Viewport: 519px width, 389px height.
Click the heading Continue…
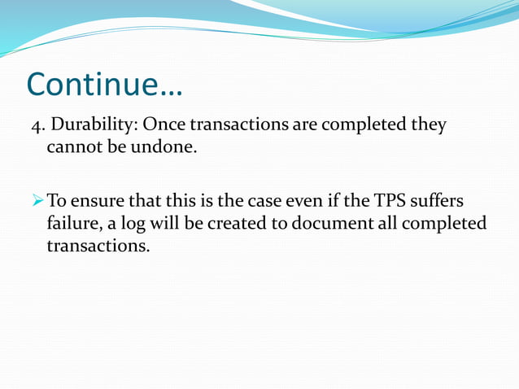click(105, 85)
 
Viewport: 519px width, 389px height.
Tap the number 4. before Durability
click(37, 126)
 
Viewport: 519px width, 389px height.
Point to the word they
click(428, 126)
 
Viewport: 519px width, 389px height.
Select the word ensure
click(98, 200)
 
